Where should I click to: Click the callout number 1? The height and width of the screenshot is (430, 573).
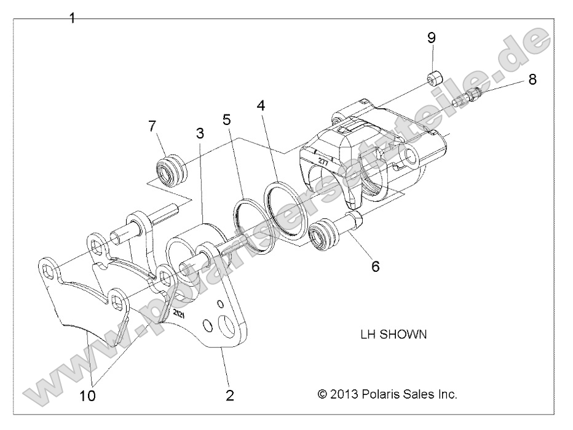(72, 18)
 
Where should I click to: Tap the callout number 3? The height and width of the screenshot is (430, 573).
(200, 133)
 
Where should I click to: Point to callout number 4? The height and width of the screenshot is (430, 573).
(261, 105)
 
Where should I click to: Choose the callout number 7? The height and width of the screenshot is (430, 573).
(152, 126)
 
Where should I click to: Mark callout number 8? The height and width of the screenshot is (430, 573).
(532, 79)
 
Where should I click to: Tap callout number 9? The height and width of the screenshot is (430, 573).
(431, 38)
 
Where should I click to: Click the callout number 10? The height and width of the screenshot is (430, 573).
(87, 396)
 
